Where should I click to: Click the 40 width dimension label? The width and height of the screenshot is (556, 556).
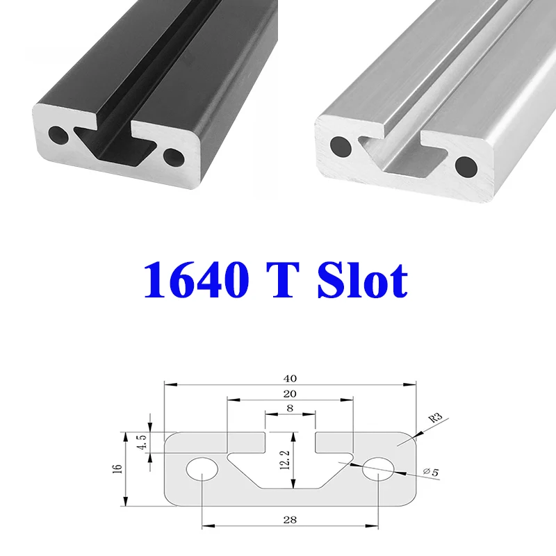(x=290, y=379)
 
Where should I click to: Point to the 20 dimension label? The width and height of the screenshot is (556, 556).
(x=290, y=395)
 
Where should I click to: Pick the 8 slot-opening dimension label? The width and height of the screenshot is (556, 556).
(x=290, y=409)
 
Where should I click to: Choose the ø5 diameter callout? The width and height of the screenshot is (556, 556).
(x=432, y=473)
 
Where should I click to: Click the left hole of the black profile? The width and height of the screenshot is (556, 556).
(x=57, y=133)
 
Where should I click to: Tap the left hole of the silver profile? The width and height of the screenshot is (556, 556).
(x=341, y=145)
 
